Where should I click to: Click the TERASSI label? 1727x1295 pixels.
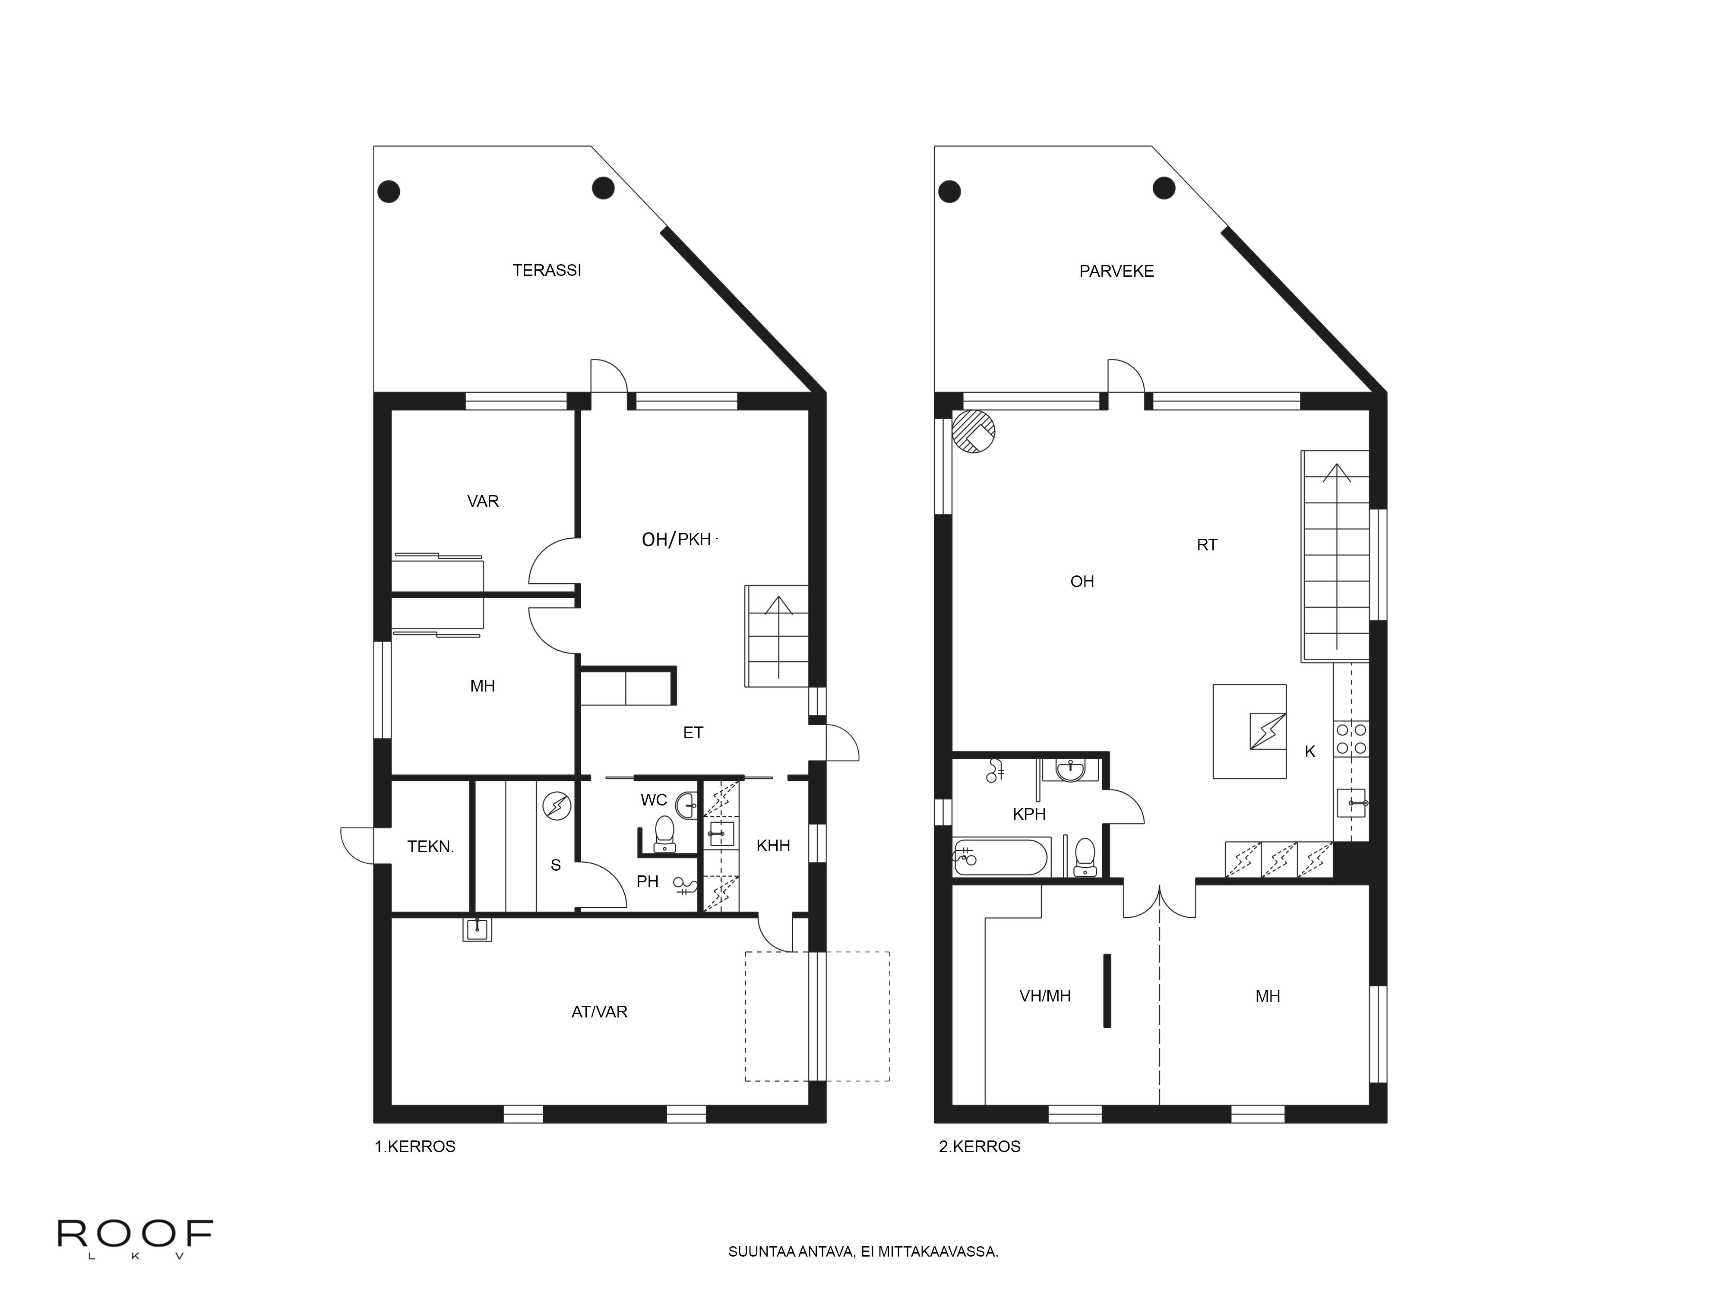click(x=547, y=270)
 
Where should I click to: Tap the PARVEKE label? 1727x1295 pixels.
click(x=1117, y=271)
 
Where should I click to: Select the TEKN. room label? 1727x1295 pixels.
click(x=430, y=846)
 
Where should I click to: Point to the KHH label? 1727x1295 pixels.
click(x=773, y=845)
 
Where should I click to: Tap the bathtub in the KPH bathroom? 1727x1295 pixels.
click(x=1000, y=858)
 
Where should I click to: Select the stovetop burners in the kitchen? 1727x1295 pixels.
click(x=1351, y=739)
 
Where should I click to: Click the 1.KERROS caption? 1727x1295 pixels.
click(x=414, y=1147)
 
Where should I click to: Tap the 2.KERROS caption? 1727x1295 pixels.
click(x=980, y=1147)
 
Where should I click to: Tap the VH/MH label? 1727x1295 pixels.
click(x=1045, y=996)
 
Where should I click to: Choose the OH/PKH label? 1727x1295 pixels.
click(x=676, y=540)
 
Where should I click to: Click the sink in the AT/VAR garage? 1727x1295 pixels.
click(x=477, y=929)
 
